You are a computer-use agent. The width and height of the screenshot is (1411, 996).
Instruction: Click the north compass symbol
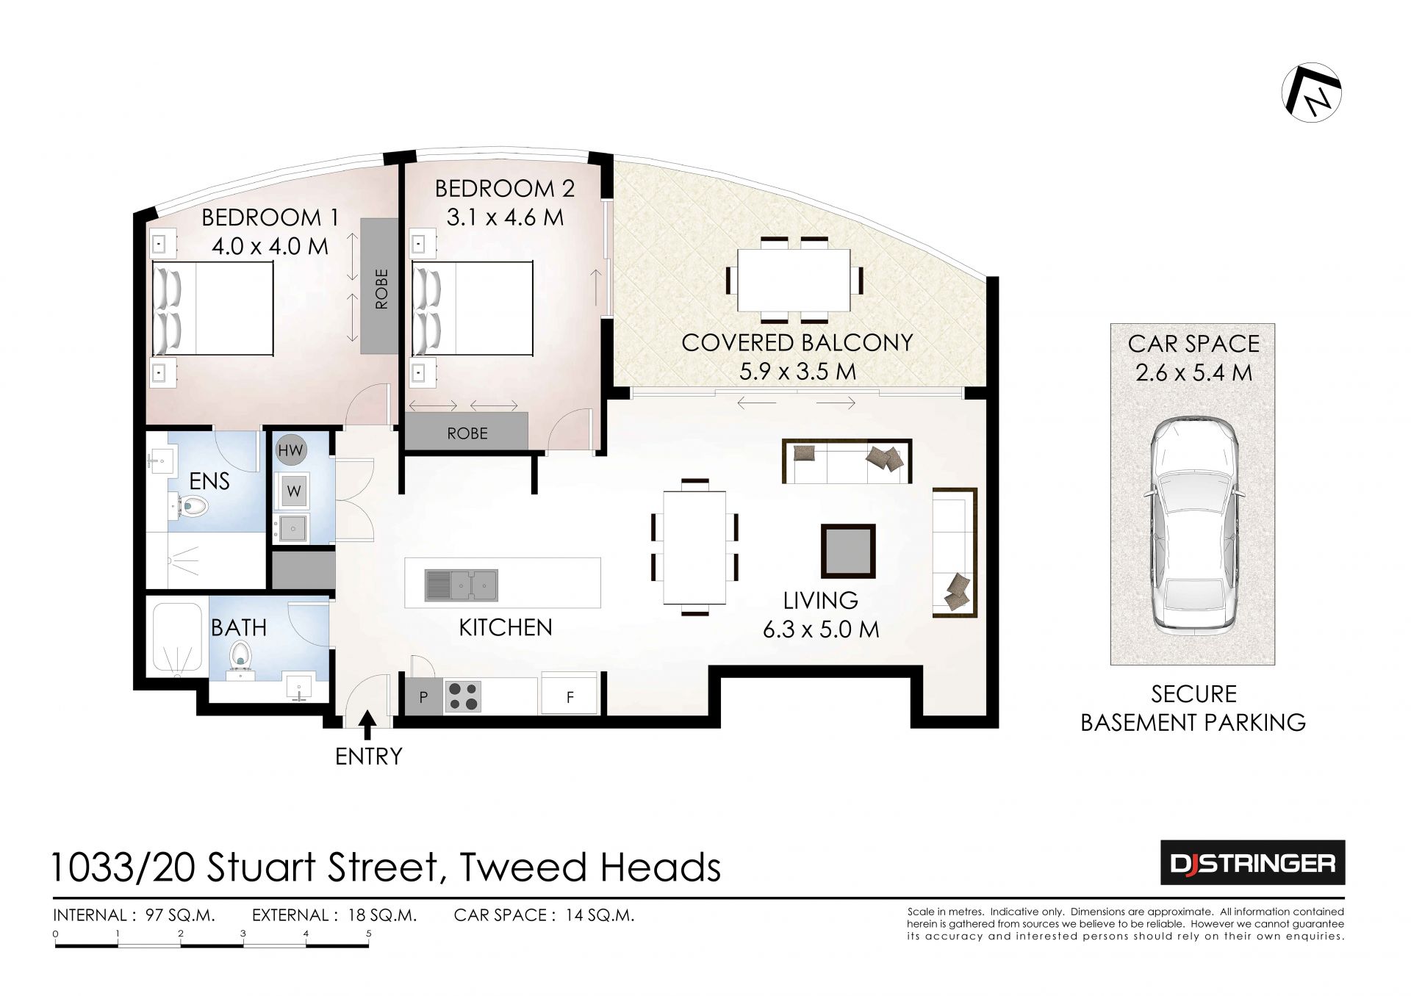tap(1312, 93)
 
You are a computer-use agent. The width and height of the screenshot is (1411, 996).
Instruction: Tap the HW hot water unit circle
tap(290, 450)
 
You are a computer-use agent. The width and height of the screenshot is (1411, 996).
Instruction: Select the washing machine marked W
tap(292, 490)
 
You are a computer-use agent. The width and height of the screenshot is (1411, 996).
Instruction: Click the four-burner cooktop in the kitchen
tap(462, 696)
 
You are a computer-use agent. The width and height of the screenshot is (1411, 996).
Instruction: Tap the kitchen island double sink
tap(462, 585)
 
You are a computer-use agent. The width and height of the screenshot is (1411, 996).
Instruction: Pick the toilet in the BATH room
tap(240, 656)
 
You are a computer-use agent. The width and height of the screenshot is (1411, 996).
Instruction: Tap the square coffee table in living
tap(848, 551)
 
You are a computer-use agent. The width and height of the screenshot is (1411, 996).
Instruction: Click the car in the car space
tap(1193, 525)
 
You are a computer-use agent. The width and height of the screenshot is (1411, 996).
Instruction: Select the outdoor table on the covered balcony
tap(794, 280)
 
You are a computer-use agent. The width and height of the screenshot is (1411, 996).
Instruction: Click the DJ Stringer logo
tap(1252, 862)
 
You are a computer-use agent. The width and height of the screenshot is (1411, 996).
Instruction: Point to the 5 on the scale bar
tap(369, 934)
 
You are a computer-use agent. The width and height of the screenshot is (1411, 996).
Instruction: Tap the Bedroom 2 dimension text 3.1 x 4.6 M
tap(505, 217)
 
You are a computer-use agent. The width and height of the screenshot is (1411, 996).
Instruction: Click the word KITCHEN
tap(506, 627)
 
